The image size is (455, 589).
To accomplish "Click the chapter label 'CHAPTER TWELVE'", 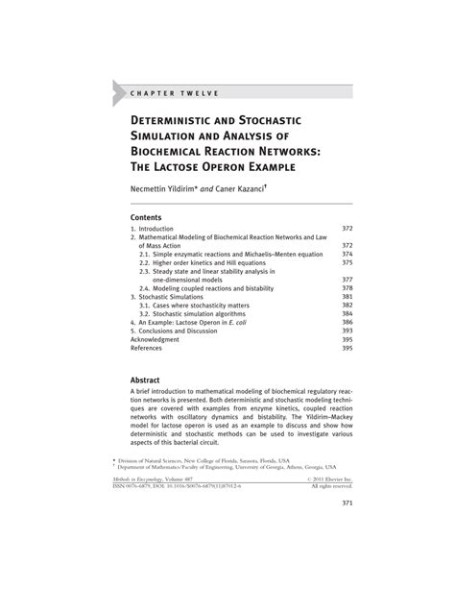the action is coord(174,92).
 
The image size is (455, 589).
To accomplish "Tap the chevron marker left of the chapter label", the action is coord(119,92).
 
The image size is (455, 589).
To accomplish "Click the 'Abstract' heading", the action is coord(149,380).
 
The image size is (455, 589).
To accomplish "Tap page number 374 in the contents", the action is coord(348,255).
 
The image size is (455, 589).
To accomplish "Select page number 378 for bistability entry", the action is coord(348,288).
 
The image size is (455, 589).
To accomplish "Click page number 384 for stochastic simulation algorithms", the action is coord(348,313).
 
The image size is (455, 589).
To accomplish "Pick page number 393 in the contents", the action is coord(348,331).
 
